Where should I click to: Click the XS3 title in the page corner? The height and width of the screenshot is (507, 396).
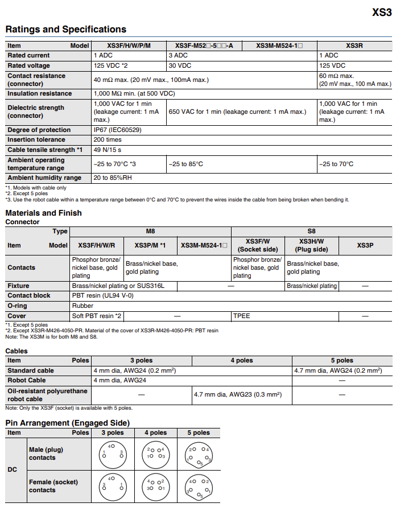pyautogui.click(x=382, y=12)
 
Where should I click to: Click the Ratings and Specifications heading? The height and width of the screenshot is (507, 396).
pyautogui.click(x=66, y=30)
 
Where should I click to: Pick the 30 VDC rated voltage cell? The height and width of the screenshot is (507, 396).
pyautogui.click(x=179, y=65)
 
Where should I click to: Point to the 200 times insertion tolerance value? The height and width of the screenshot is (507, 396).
pyautogui.click(x=108, y=139)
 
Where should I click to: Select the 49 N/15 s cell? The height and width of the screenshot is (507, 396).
pyautogui.click(x=108, y=150)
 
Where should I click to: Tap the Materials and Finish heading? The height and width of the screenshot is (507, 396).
pyautogui.click(x=44, y=213)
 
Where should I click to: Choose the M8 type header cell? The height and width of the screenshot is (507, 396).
pyautogui.click(x=150, y=231)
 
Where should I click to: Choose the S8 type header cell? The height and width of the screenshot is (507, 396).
pyautogui.click(x=311, y=231)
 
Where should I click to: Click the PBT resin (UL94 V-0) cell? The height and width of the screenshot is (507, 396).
pyautogui.click(x=103, y=295)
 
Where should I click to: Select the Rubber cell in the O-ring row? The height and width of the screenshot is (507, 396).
pyautogui.click(x=83, y=306)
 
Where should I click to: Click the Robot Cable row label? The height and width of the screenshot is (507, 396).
pyautogui.click(x=27, y=380)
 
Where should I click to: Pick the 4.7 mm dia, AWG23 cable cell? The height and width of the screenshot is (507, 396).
pyautogui.click(x=238, y=394)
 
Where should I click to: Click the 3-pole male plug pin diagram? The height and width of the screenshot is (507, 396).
pyautogui.click(x=113, y=454)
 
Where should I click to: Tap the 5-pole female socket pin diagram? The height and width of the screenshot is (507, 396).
pyautogui.click(x=199, y=487)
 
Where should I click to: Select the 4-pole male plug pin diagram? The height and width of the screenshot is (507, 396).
pyautogui.click(x=156, y=454)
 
